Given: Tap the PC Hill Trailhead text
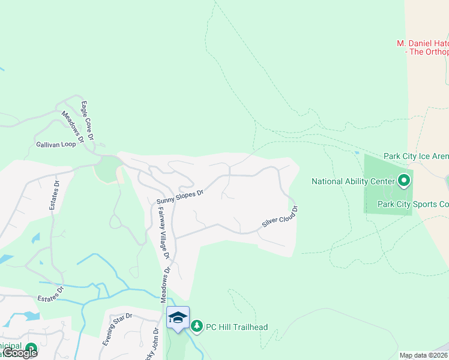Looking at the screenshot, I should [237, 327].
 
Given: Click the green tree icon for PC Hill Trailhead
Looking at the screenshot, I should [197, 326].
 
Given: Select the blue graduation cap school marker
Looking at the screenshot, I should [178, 317].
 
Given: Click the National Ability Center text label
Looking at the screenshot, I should [352, 181].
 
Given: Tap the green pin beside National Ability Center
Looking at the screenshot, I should [404, 180].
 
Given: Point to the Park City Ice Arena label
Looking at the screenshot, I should [416, 156].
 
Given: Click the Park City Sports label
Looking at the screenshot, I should [413, 204].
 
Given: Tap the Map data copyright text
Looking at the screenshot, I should [424, 355].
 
